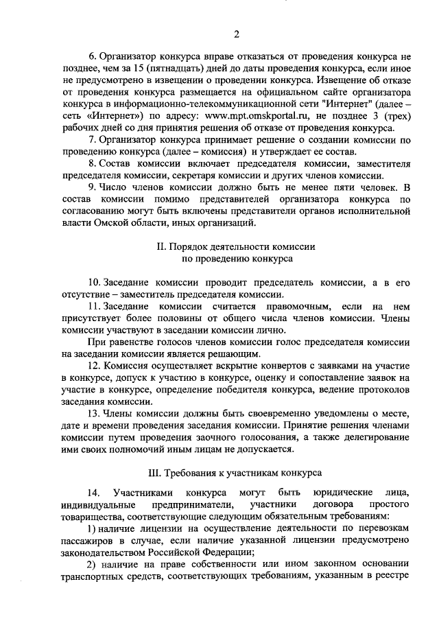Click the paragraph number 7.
point(92,139)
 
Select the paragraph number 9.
point(92,186)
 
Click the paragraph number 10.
point(95,283)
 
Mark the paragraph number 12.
point(95,366)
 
